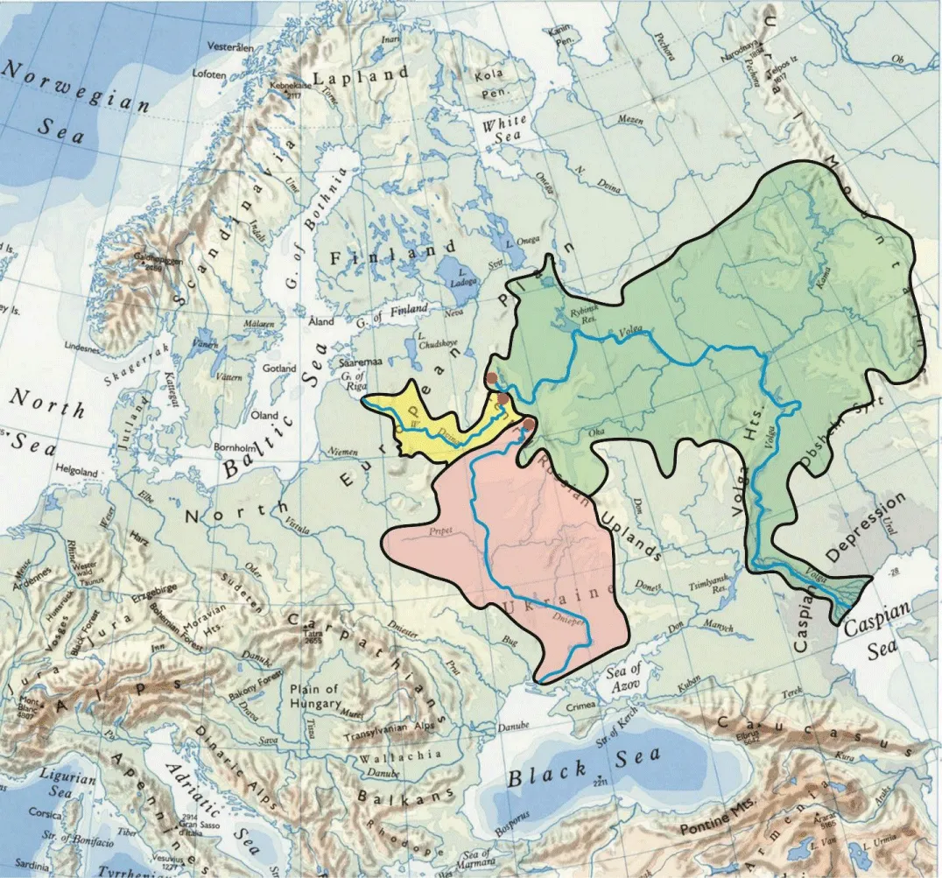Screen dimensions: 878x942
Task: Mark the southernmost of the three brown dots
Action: pyautogui.click(x=529, y=425)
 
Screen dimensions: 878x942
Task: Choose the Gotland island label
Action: pyautogui.click(x=279, y=369)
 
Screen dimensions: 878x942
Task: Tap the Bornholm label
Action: pyautogui.click(x=234, y=446)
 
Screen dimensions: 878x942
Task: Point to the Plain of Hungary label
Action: pyautogui.click(x=314, y=697)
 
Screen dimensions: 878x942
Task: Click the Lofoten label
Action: pyautogui.click(x=209, y=74)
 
